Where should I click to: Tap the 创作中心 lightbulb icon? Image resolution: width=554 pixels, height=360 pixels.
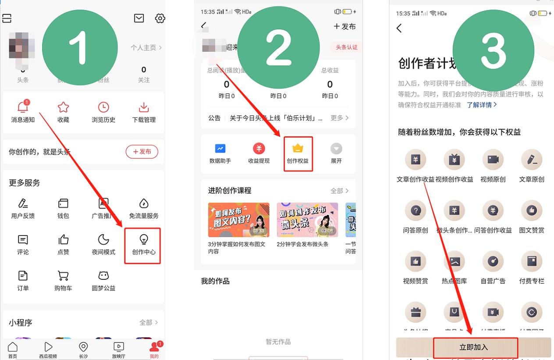143,239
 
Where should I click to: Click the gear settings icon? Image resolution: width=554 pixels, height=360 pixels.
160,18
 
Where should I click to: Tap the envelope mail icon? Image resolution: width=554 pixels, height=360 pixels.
139,18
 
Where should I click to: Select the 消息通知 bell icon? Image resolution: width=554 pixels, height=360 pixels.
23,107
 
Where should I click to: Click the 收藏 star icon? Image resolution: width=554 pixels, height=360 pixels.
63,107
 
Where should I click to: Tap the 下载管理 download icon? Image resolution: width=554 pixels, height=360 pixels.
144,107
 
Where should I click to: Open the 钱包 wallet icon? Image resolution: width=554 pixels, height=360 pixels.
63,203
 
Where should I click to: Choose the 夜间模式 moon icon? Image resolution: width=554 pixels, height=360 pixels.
103,239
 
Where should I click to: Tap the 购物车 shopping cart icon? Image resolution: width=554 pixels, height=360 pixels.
63,275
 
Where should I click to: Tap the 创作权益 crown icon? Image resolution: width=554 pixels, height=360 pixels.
298,148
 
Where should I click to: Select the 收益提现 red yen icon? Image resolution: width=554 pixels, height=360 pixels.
259,148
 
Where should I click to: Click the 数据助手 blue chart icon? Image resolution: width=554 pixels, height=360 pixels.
220,148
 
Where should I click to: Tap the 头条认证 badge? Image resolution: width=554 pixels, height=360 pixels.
346,47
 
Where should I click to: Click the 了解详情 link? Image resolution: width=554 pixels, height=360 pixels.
482,105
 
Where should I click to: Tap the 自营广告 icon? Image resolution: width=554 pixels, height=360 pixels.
493,261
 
